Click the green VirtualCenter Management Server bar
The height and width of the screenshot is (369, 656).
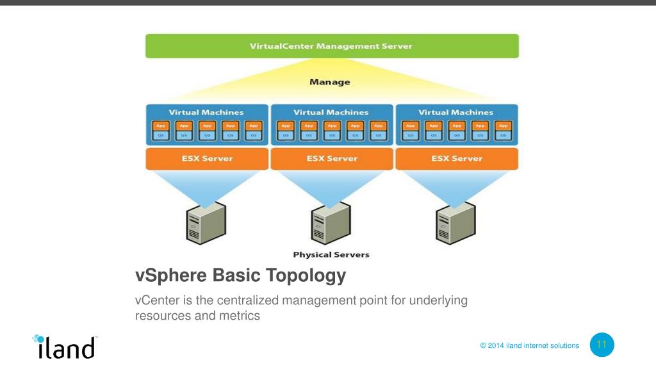[331, 46]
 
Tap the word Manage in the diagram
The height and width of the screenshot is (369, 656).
[329, 82]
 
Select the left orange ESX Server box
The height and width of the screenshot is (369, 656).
[206, 158]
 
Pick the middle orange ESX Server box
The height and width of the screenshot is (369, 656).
[331, 158]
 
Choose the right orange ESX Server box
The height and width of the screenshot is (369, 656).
[456, 158]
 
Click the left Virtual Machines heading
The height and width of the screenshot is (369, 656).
[206, 112]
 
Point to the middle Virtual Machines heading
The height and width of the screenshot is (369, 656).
[331, 112]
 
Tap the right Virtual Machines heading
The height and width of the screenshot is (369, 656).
[456, 112]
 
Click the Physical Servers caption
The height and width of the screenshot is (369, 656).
[331, 254]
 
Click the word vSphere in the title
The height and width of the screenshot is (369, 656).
[171, 276]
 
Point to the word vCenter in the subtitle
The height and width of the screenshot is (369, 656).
[156, 300]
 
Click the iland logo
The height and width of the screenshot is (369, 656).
[64, 346]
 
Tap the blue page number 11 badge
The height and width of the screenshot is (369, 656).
[601, 345]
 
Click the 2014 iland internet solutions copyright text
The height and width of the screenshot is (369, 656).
[530, 346]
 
